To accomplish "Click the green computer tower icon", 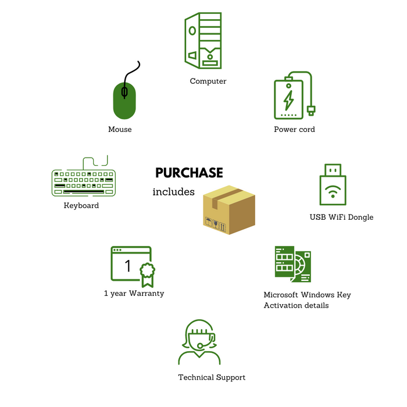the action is click(203, 41).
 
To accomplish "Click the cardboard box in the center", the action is click(229, 210).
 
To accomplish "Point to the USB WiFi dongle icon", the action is click(333, 184).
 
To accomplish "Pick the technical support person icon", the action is click(199, 342).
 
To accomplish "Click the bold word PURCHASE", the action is click(189, 173).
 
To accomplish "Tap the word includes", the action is click(173, 192).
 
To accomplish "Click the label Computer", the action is click(208, 81).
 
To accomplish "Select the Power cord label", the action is click(294, 129).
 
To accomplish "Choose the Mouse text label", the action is click(120, 129).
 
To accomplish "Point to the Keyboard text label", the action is click(81, 206).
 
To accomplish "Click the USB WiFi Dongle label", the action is click(341, 217).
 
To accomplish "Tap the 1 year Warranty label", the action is click(134, 293).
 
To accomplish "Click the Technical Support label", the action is click(212, 377).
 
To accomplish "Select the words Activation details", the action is click(296, 305).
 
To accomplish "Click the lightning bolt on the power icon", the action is click(288, 100).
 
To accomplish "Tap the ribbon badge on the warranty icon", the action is click(148, 275).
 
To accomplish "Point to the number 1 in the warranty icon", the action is click(128, 266).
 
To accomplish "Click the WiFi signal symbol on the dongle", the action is click(333, 191).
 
